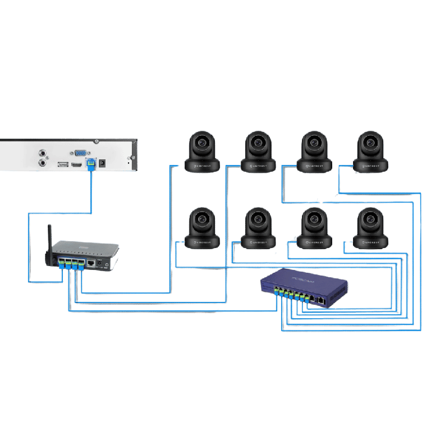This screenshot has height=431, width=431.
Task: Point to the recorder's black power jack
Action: (102, 163)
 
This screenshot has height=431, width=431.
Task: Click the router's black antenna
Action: (49, 241)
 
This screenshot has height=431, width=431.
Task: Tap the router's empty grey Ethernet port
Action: (90, 261)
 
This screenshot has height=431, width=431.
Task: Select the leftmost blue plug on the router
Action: (62, 264)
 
